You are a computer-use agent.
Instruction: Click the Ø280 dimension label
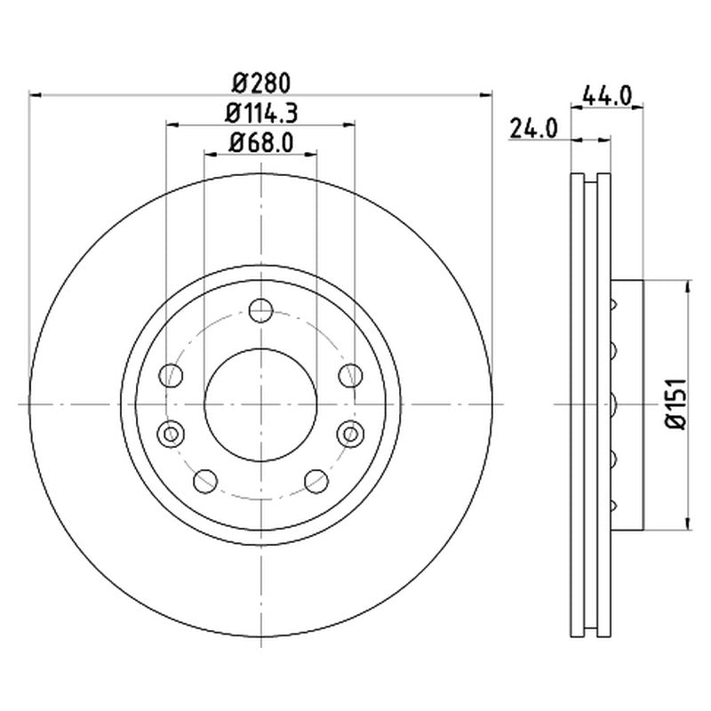click(260, 84)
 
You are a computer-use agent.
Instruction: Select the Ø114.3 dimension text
click(261, 114)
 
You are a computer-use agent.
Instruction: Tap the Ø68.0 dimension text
click(261, 142)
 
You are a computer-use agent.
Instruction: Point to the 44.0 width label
click(607, 96)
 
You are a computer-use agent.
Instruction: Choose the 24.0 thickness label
click(534, 129)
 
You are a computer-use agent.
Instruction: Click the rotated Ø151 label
click(675, 403)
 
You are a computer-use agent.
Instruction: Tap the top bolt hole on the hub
click(260, 310)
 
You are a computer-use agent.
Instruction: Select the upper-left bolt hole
click(171, 375)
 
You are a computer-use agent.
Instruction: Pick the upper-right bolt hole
click(351, 375)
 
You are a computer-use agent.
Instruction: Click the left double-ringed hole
click(171, 434)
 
